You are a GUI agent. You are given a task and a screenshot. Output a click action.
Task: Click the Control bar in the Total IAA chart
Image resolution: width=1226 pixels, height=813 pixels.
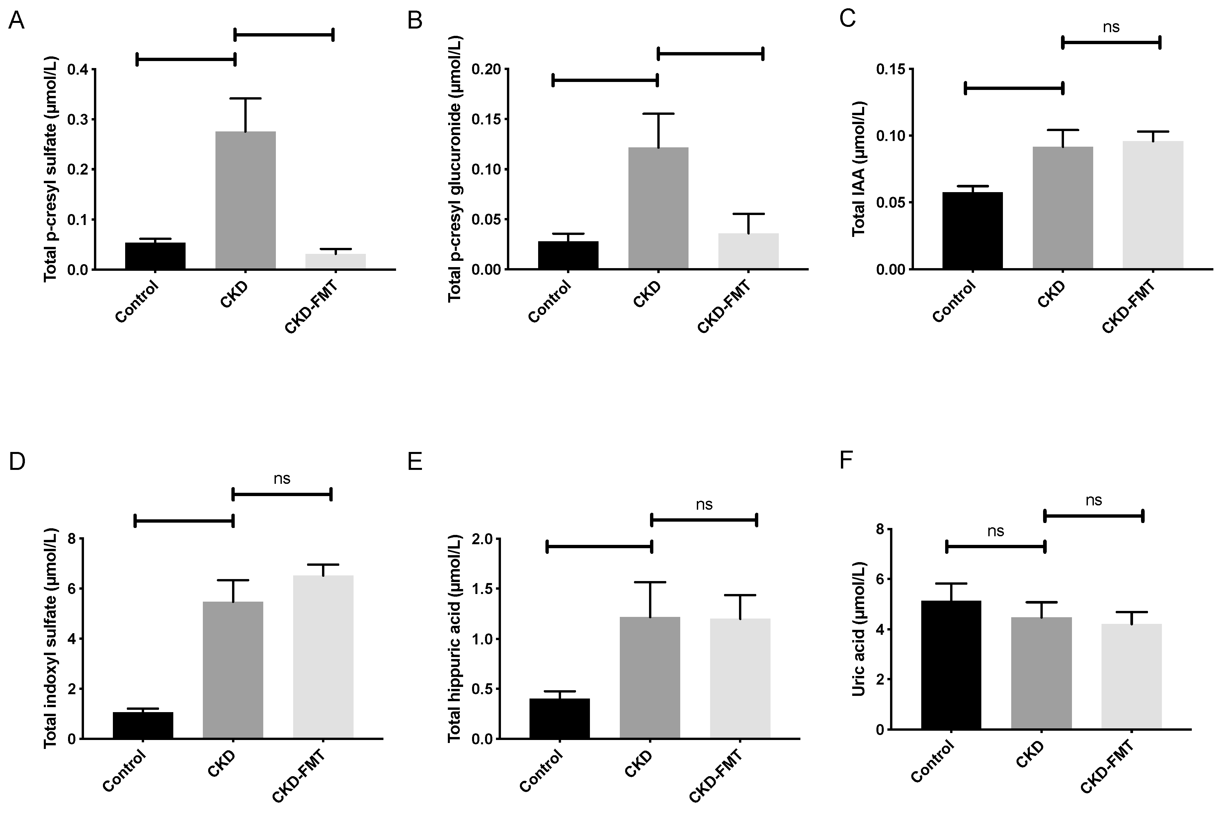click(972, 230)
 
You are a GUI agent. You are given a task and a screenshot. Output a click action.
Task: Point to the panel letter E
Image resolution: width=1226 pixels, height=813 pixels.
click(415, 461)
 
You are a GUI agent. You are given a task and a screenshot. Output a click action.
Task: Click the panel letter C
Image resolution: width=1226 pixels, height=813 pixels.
click(847, 20)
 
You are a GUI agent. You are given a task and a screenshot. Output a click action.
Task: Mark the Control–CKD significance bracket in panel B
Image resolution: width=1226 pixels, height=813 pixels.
click(605, 80)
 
